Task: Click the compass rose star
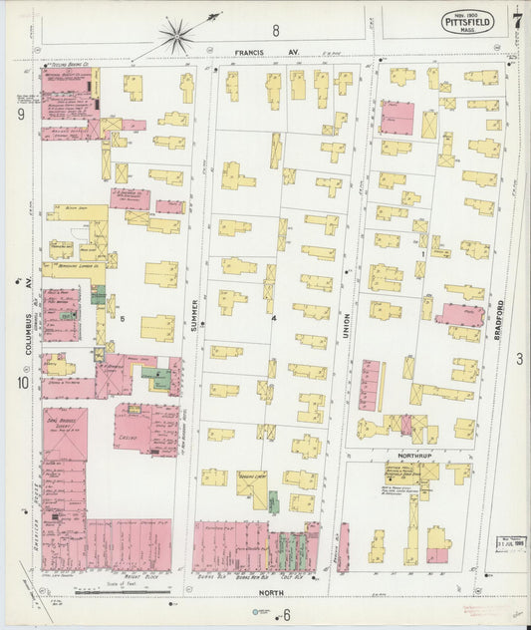176,37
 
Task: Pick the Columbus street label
30,332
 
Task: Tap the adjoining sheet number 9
20,115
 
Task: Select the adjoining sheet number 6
286,614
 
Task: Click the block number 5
123,319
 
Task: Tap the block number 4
272,319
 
